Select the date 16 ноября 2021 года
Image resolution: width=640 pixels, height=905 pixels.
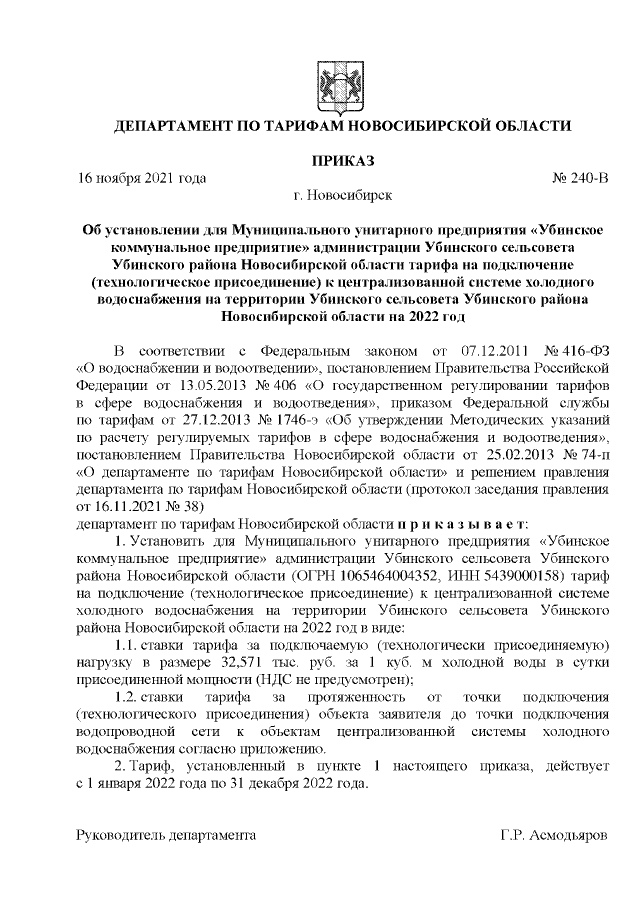click(142, 179)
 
